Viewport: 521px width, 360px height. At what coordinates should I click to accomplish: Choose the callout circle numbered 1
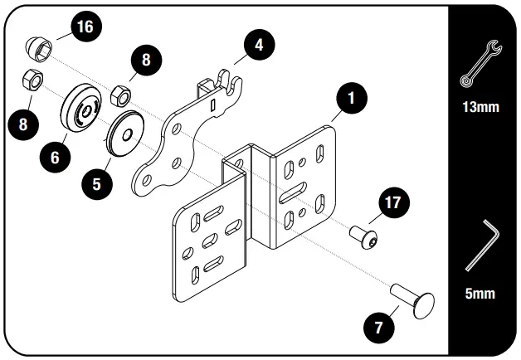[352, 98]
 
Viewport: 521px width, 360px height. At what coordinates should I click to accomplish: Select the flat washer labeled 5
[128, 130]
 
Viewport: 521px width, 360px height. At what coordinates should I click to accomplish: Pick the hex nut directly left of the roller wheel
[32, 82]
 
